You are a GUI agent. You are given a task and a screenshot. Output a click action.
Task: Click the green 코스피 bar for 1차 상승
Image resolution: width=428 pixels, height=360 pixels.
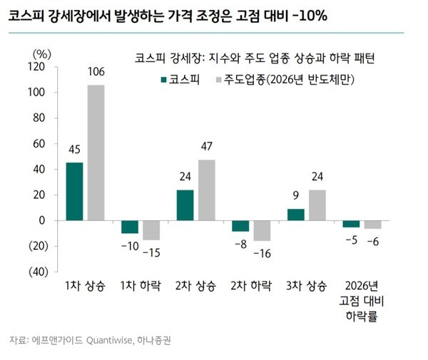[x=74, y=192]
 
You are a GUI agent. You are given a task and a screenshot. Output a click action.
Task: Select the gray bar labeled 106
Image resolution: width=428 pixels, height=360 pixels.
[x=96, y=153]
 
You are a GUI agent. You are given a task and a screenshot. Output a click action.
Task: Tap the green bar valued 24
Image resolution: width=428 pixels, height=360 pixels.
[x=185, y=205]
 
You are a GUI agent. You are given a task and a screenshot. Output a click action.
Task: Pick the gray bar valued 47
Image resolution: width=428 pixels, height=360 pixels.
[x=206, y=190]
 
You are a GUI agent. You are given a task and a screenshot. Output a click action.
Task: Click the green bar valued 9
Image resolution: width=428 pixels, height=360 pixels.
[x=296, y=215]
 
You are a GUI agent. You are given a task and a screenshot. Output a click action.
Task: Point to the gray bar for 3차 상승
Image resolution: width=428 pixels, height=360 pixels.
[x=317, y=205]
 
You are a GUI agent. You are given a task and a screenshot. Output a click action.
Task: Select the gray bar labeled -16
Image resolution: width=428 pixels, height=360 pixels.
[x=262, y=231]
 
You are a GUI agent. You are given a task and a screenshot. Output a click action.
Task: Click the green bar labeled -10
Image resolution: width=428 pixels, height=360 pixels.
[x=130, y=227]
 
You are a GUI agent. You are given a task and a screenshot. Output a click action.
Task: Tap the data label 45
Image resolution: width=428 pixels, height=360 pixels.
[x=74, y=149]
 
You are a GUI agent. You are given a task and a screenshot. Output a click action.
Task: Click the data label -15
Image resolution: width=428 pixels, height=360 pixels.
[x=151, y=252]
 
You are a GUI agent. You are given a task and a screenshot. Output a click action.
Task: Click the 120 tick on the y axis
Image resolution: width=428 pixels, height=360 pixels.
[x=38, y=67]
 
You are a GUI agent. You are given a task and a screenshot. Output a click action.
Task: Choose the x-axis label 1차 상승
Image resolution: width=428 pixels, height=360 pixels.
[x=85, y=286]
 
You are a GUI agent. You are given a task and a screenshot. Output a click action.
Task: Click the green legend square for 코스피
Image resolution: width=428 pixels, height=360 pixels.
[x=163, y=78]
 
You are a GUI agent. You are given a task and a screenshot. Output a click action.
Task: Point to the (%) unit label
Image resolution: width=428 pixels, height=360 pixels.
[x=43, y=53]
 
